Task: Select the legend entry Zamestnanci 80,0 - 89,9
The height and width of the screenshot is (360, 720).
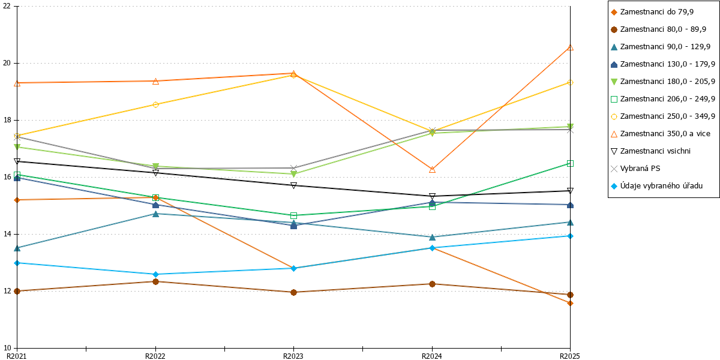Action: (658, 29)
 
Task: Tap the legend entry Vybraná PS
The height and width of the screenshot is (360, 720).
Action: (635, 169)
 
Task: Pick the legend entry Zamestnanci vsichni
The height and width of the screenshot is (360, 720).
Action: (650, 151)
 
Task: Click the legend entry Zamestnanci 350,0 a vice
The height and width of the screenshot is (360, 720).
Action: (660, 134)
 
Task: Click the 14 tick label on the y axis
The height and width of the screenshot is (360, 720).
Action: (7, 234)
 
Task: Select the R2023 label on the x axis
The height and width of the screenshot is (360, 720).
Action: (293, 356)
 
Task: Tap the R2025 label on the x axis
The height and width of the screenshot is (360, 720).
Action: (570, 356)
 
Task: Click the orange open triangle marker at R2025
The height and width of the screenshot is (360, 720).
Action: (570, 47)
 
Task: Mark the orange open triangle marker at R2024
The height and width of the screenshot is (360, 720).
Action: (433, 169)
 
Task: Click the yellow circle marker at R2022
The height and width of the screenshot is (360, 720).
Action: (155, 104)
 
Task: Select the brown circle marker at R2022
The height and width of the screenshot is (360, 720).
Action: (155, 281)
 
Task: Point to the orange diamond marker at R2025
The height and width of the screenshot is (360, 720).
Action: (570, 303)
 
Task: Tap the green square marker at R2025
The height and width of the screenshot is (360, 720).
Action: (570, 164)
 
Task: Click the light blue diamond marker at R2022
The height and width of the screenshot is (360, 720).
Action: (155, 274)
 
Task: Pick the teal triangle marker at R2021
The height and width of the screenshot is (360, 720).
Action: (17, 248)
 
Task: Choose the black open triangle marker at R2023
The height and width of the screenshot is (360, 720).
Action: (293, 185)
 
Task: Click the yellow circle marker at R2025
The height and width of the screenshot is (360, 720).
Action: (570, 83)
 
